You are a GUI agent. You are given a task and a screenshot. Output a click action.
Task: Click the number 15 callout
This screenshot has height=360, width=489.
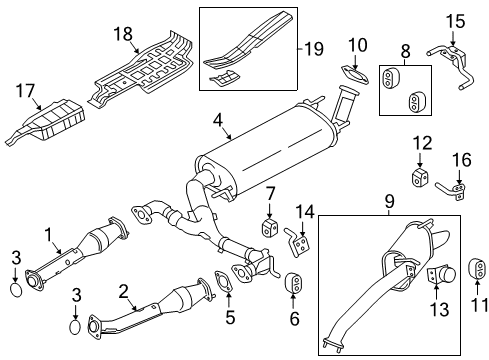pos(455,19)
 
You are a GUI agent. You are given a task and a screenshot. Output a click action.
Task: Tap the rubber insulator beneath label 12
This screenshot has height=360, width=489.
pos(421,178)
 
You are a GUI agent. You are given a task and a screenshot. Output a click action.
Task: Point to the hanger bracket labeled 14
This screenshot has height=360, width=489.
pos(297,240)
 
